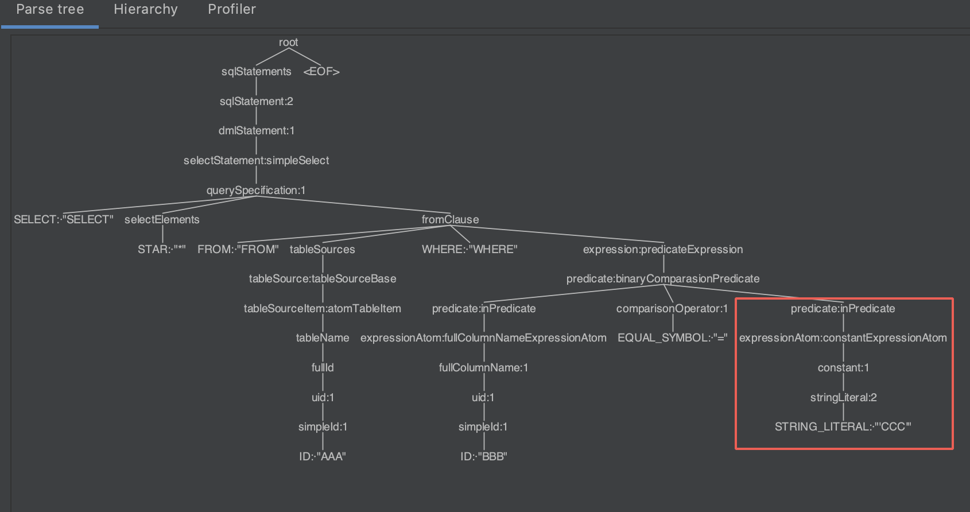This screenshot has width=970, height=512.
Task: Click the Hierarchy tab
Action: (x=146, y=10)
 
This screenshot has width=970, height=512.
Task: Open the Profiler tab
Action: (x=232, y=10)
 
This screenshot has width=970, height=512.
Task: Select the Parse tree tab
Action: (x=50, y=10)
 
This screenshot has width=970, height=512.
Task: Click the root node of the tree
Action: (x=288, y=42)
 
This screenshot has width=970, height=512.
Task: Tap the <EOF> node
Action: (x=321, y=72)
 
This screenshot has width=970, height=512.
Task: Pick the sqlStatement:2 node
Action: (x=256, y=102)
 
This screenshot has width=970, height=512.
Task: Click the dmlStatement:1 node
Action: (x=256, y=131)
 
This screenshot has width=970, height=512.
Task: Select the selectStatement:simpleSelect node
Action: (x=256, y=161)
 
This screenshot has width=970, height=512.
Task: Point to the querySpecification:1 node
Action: (x=256, y=191)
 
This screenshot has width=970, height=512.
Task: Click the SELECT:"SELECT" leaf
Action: (x=64, y=220)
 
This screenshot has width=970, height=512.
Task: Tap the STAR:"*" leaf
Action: (x=162, y=250)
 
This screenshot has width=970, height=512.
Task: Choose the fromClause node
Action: (x=450, y=220)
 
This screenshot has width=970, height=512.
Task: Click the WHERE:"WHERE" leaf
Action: (x=470, y=250)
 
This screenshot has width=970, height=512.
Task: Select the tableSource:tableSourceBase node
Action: (x=323, y=279)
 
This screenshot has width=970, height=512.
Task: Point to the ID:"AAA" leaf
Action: (x=323, y=457)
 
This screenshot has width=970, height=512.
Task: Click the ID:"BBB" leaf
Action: (x=484, y=457)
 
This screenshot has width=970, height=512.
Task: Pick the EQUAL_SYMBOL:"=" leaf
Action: (x=673, y=338)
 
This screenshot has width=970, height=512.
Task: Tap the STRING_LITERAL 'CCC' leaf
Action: (x=843, y=427)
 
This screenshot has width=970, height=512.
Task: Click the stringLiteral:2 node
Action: (x=843, y=398)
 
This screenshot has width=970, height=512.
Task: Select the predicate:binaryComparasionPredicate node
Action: (x=663, y=279)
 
